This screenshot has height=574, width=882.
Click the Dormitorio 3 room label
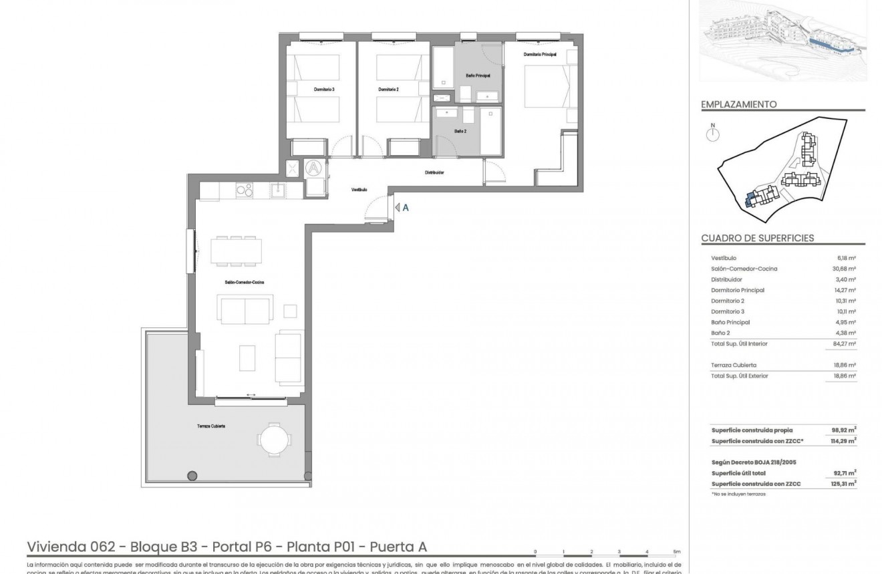[x=323, y=90]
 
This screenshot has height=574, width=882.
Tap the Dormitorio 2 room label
[x=388, y=90]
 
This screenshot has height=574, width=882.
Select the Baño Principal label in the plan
[x=478, y=76]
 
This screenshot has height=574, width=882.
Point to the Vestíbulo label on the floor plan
[x=359, y=190]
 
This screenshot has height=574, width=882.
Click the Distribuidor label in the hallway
[x=434, y=172]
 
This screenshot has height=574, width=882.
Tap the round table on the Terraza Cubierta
[x=275, y=439]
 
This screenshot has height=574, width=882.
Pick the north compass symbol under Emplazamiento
[x=714, y=134]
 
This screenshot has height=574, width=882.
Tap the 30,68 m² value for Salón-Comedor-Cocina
[x=847, y=269]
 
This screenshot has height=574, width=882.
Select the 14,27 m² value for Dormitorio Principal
[x=847, y=290]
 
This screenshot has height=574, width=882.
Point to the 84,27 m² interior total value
[x=847, y=343]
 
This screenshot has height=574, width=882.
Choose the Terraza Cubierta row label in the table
[x=734, y=365]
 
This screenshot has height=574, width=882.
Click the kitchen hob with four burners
[x=245, y=190]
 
